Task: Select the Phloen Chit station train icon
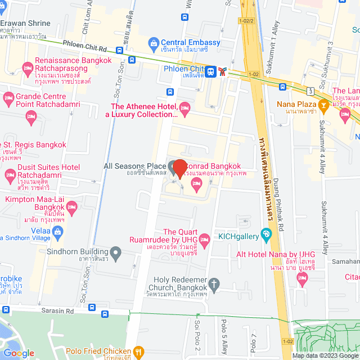pos(210,71)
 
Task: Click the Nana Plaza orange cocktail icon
pos(323,104)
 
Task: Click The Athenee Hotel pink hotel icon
pos(184,107)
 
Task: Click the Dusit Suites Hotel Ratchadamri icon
pos(10,176)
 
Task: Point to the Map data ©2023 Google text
pos(325,355)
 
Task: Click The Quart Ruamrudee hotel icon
pos(205,240)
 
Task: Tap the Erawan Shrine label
pos(25,24)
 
